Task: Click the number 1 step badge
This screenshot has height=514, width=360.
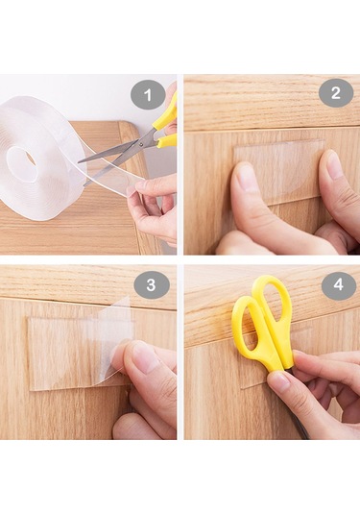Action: coord(148,95)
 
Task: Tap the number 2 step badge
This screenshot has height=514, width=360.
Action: coord(336,93)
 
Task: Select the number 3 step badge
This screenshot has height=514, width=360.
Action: coord(151,284)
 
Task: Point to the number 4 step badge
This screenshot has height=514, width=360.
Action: coord(338,283)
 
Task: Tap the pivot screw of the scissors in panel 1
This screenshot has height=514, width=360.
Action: coord(141,143)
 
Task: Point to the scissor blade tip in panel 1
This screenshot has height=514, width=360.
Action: coord(79,162)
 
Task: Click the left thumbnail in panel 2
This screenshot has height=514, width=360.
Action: coord(243,176)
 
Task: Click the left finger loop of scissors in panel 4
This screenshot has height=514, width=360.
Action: coord(249,328)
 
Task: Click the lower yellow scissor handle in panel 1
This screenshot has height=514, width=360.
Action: coord(167,140)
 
